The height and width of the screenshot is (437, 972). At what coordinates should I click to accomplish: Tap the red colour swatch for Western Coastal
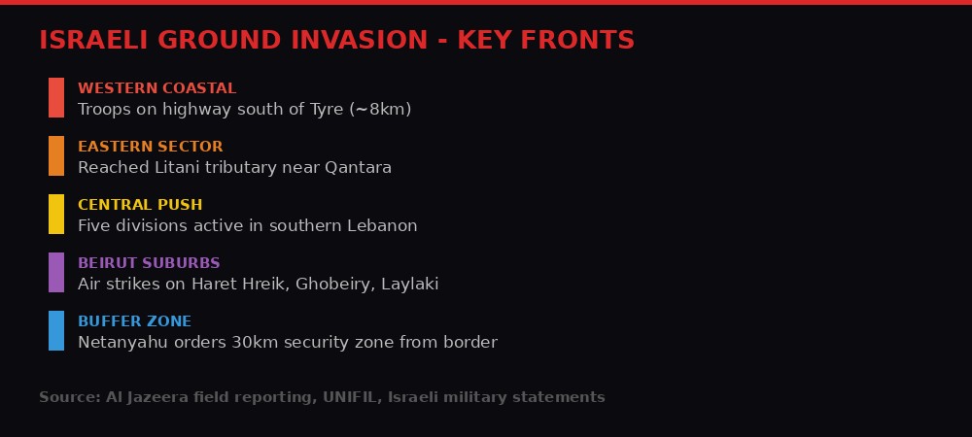56,97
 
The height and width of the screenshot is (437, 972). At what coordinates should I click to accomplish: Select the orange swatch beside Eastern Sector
56,155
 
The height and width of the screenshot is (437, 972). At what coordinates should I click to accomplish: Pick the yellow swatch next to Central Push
56,214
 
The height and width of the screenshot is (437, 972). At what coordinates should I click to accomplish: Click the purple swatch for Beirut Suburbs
56,272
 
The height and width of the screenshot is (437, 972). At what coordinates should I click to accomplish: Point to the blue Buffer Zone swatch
56,330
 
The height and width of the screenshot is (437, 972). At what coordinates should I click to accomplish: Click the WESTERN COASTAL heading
156,88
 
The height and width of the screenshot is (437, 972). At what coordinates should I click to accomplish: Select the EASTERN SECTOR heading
150,147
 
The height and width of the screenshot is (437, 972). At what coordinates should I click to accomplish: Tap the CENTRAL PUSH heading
140,205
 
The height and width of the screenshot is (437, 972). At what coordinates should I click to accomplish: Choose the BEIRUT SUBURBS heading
149,263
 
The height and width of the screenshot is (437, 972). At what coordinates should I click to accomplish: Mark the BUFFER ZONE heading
134,321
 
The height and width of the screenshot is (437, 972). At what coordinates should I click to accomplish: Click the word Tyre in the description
326,110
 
